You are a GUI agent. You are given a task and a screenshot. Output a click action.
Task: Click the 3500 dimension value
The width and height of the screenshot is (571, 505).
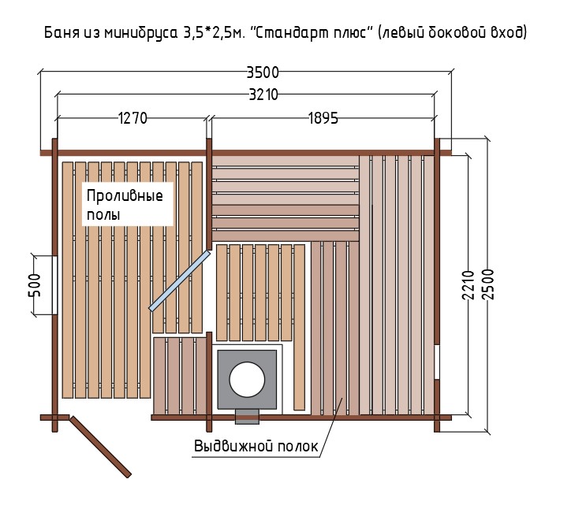coord(263,72)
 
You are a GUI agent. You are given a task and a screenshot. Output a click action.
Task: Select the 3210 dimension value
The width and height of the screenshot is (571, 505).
coord(263,95)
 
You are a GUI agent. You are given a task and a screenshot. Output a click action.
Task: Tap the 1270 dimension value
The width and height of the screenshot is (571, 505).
coord(132,118)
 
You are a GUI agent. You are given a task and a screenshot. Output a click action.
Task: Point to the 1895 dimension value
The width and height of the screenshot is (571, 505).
coord(323,118)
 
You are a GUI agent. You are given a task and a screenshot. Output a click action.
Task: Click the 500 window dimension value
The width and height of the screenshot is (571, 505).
coord(35,285)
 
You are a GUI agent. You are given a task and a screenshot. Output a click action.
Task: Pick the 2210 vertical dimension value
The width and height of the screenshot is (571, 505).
coord(468,285)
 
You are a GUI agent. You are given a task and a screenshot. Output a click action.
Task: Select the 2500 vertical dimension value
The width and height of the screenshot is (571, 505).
coord(487,284)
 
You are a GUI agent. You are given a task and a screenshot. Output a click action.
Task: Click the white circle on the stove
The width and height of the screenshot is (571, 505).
coord(247,380)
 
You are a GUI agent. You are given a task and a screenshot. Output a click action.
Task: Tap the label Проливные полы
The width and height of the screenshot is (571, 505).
coord(125,205)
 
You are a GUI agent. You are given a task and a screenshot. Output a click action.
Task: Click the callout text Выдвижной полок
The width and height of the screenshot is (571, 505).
coord(256,446)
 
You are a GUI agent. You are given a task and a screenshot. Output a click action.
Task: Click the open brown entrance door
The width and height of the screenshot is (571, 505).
coord(100,447)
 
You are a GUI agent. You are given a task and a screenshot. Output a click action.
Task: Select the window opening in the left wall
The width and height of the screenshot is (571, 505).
coord(54,285)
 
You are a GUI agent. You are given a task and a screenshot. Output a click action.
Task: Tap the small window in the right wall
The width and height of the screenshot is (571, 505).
coord(437,362)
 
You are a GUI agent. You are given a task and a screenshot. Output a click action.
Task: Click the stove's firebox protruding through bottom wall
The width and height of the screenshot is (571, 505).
coord(247,417)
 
